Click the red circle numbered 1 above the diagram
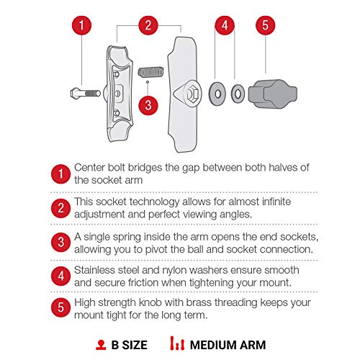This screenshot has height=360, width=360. coord(83,26)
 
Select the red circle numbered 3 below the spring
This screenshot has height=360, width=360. coord(147,106)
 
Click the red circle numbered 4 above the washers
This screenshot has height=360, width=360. coord(225,26)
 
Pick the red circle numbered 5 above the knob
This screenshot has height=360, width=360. coord(265,26)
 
